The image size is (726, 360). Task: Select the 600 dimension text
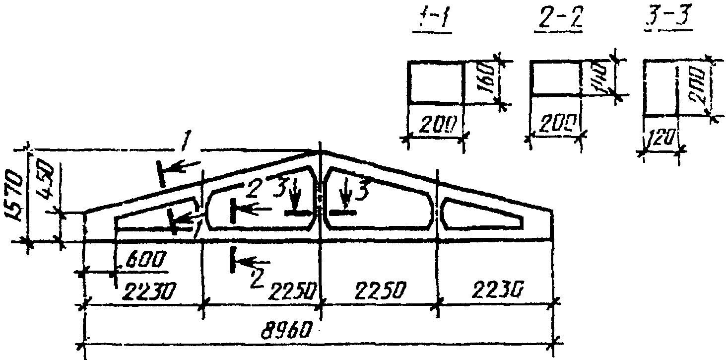[140, 260]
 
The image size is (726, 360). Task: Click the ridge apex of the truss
[320, 151]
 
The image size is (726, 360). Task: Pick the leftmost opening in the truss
[154, 216]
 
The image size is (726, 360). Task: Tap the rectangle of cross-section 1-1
[435, 82]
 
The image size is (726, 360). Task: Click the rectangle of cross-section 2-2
[555, 78]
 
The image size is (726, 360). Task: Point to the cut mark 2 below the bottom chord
[233, 260]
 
